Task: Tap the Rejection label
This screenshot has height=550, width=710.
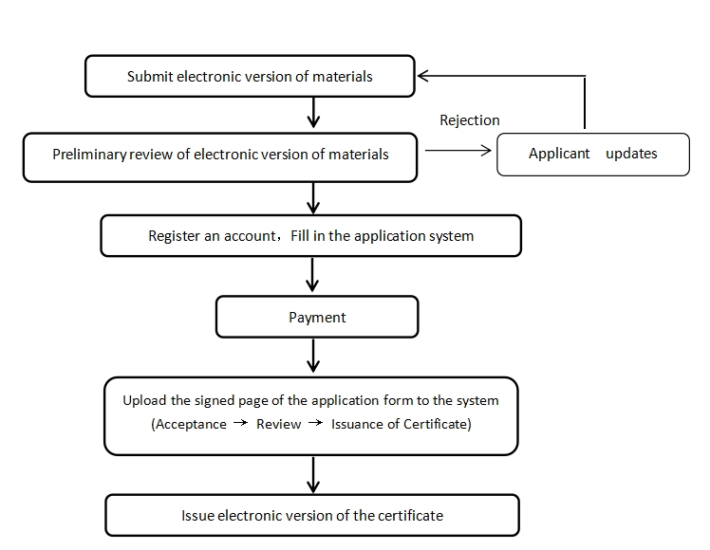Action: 470,120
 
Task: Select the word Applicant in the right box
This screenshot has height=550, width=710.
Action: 559,154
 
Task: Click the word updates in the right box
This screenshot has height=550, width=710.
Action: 631,154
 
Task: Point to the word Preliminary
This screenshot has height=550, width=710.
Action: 89,155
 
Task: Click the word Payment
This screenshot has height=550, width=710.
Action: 317,318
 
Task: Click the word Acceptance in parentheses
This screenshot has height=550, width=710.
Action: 191,424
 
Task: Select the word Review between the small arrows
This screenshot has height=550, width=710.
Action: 278,424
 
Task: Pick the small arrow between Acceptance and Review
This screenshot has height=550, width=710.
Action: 241,423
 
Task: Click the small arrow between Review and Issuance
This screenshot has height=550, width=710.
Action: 315,423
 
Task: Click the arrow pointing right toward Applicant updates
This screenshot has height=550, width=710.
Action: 458,151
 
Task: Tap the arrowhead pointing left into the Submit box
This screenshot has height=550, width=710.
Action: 423,76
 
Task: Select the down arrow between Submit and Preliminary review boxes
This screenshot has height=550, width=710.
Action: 313,113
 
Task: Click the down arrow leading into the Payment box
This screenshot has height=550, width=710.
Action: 312,275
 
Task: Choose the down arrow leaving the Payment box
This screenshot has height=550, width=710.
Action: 313,356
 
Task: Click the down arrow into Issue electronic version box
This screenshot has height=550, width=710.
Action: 313,475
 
